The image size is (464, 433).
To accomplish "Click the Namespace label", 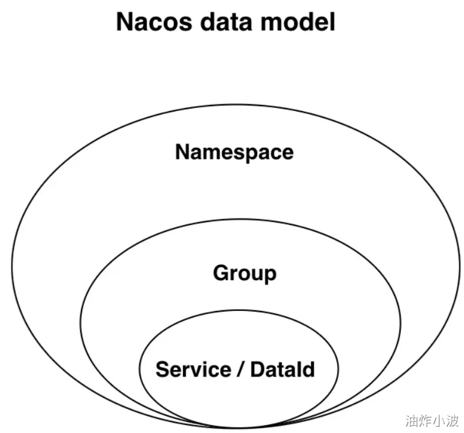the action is coord(234,152).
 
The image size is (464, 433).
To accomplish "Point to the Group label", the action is coord(244,274).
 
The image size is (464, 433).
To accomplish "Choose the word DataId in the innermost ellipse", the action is coord(282,370).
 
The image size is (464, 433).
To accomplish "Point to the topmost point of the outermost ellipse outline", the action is coord(236,104).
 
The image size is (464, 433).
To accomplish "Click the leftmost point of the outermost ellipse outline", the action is coord(12,267).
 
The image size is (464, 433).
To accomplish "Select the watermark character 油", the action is coord(412,421).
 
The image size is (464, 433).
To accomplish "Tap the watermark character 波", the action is coord(452,421).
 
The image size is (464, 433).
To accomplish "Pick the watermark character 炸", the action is coord(425,421).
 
